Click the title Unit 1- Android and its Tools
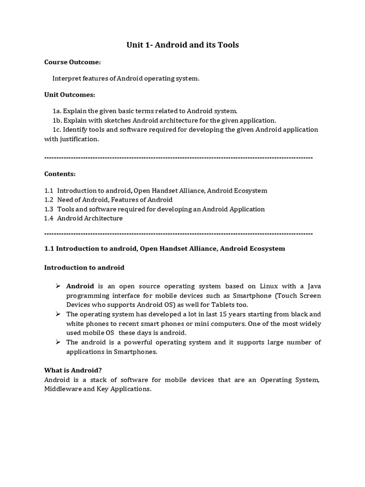[x=182, y=45]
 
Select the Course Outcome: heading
[x=72, y=62]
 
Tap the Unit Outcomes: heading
[x=69, y=95]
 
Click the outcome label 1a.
[x=57, y=111]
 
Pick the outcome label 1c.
[x=57, y=130]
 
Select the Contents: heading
[x=60, y=174]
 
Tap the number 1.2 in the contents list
[x=49, y=200]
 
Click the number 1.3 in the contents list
[x=49, y=209]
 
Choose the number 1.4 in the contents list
[x=49, y=218]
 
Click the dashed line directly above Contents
[x=178, y=157]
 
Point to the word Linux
[x=270, y=286]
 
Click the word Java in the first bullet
[x=313, y=286]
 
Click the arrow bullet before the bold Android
[x=58, y=286]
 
